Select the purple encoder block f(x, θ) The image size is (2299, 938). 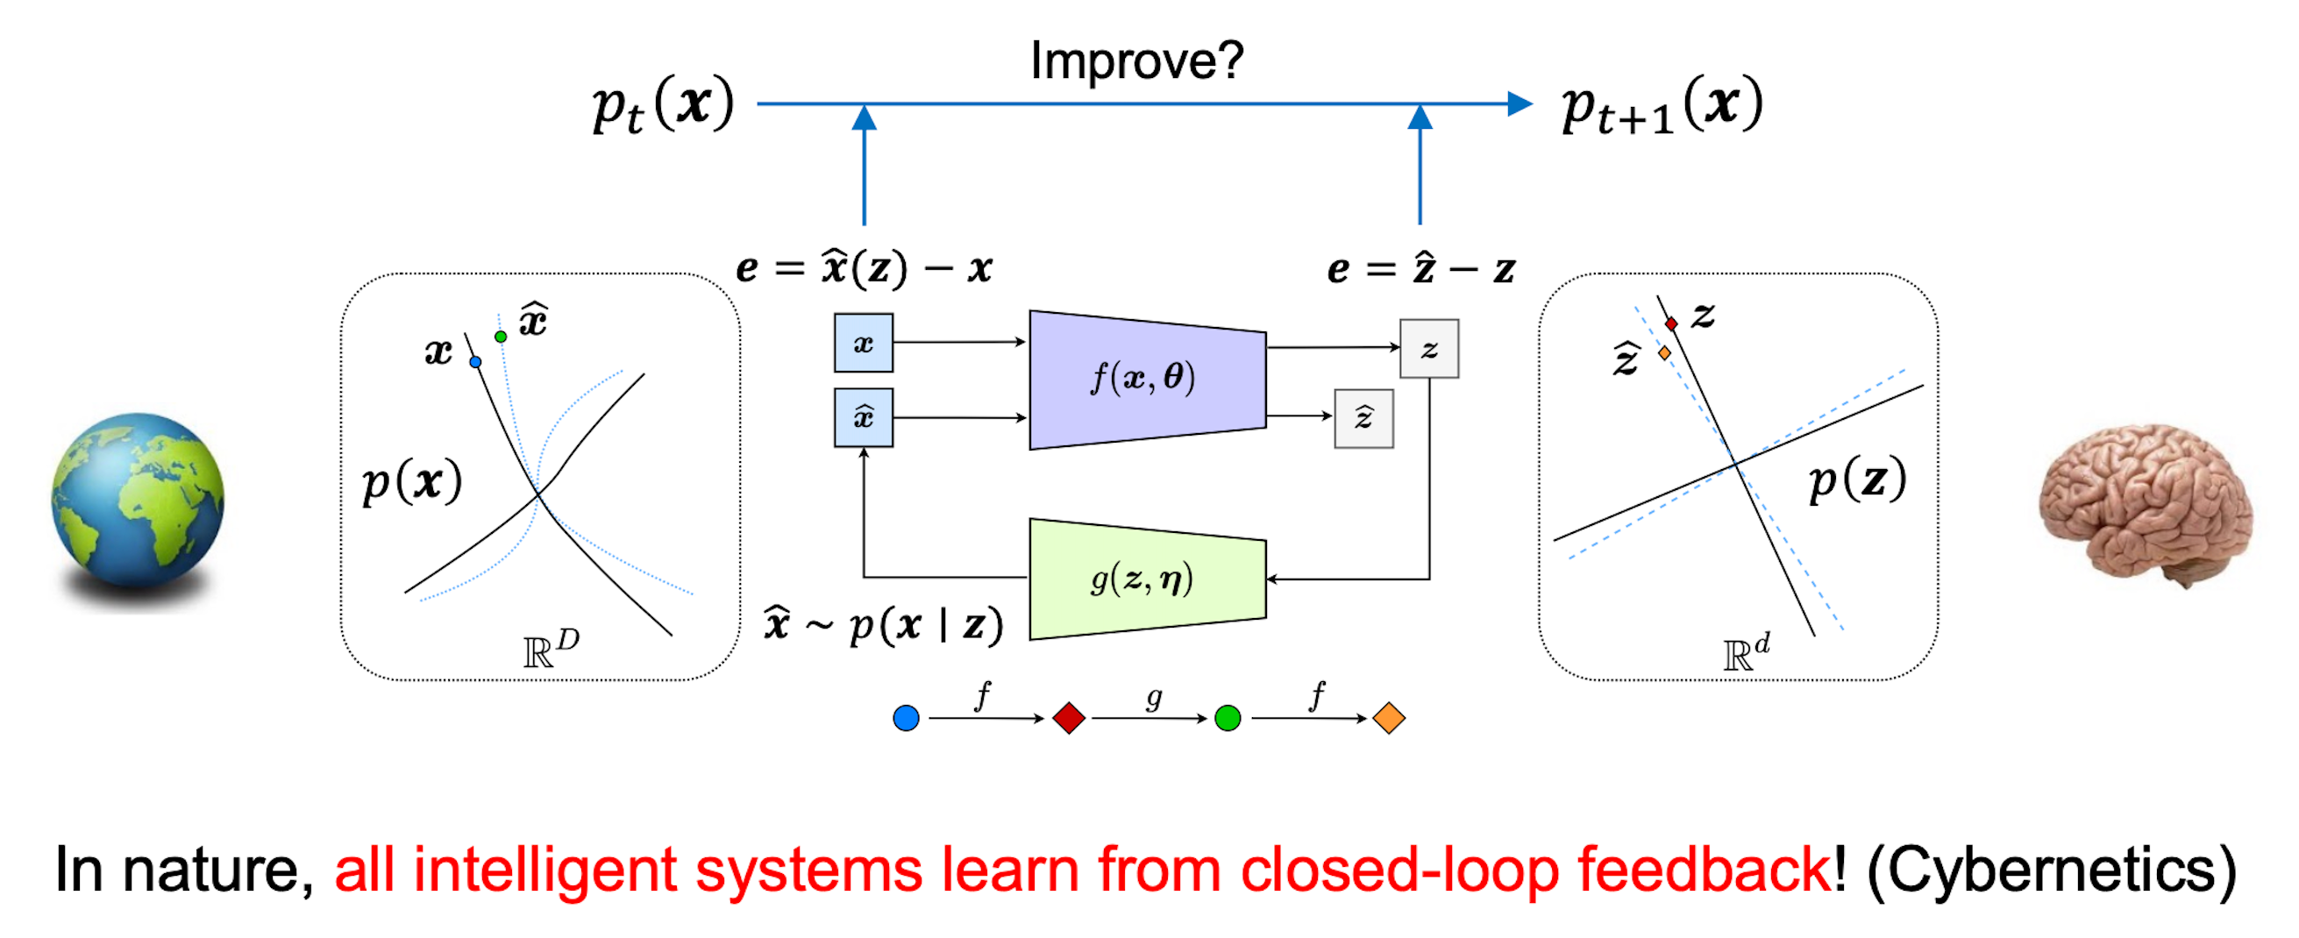pos(1146,379)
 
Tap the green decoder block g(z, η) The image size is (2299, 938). pos(1146,579)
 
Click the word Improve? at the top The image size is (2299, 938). pos(1136,60)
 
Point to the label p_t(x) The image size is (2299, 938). pos(663,105)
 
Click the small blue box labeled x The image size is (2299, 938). pos(863,343)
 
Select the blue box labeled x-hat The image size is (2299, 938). pos(863,416)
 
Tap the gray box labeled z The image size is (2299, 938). pos(1429,349)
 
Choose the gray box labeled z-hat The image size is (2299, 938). pos(1363,417)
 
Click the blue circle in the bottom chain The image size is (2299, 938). pos(906,718)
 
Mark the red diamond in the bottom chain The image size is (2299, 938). pos(1068,718)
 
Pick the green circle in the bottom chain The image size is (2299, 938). pos(1228,718)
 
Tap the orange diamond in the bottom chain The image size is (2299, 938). pos(1389,718)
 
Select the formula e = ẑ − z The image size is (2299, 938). pos(1420,268)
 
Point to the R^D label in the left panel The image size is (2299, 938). pos(551,649)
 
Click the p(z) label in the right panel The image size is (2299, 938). pos(1857,480)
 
